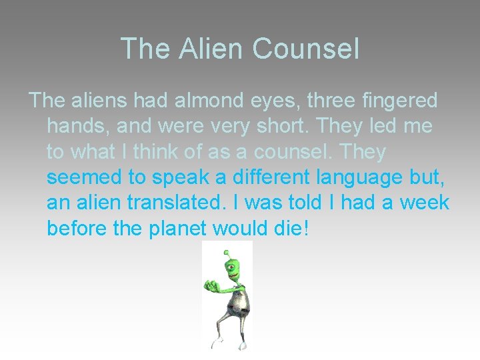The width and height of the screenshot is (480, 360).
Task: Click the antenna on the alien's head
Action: (227, 253)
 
